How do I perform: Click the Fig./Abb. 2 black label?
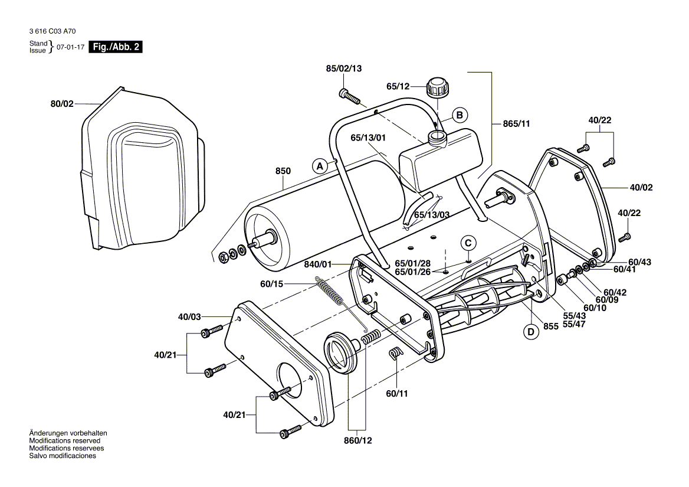pyautogui.click(x=115, y=47)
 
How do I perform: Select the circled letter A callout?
pyautogui.click(x=320, y=166)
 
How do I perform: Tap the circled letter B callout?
pyautogui.click(x=460, y=115)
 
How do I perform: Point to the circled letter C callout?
pyautogui.click(x=468, y=243)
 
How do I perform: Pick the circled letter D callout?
pyautogui.click(x=531, y=332)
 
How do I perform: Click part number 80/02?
pyautogui.click(x=61, y=104)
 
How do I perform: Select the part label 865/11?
pyautogui.click(x=517, y=124)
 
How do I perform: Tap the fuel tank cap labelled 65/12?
pyautogui.click(x=437, y=87)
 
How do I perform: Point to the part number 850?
pyautogui.click(x=283, y=171)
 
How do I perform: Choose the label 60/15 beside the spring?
pyautogui.click(x=271, y=284)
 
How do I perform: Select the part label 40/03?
pyautogui.click(x=190, y=317)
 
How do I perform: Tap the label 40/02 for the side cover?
pyautogui.click(x=642, y=188)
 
